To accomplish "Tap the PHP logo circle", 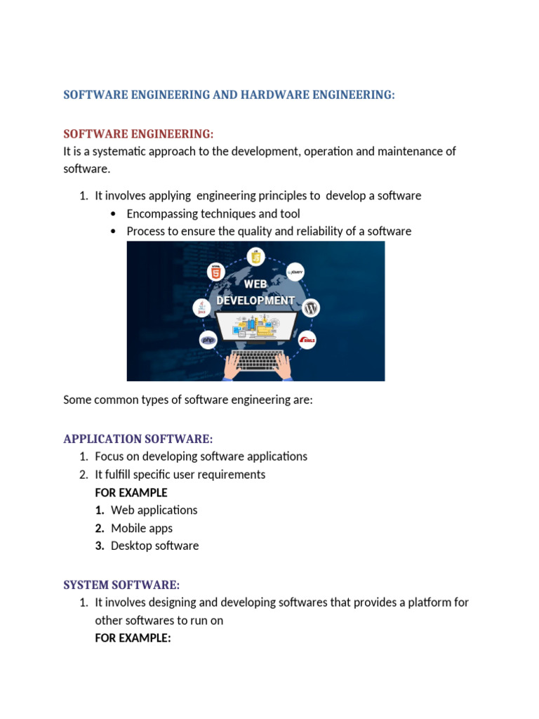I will (208, 340).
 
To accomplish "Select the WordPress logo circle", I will (312, 308).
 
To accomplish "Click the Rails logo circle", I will (307, 340).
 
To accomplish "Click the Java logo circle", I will (202, 308).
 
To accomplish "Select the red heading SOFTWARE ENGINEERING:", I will (138, 134).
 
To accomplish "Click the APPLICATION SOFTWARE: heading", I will (138, 439).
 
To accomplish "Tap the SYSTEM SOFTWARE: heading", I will (121, 585).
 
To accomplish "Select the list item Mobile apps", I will (141, 528).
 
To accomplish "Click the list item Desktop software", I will (154, 546).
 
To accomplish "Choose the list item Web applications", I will (154, 510).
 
